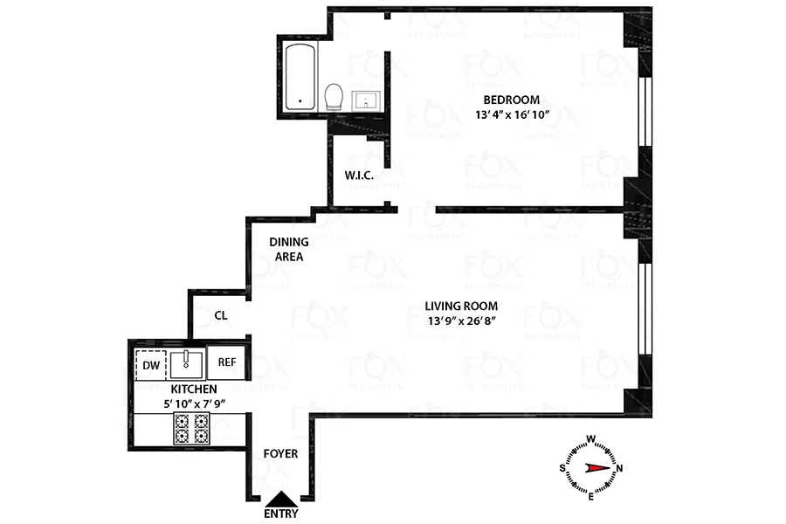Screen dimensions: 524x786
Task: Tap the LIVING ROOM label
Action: pyautogui.click(x=461, y=306)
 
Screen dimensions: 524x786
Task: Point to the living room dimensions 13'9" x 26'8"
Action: pyautogui.click(x=461, y=321)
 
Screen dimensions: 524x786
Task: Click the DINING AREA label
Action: pyautogui.click(x=286, y=250)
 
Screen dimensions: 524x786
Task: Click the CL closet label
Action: pyautogui.click(x=221, y=315)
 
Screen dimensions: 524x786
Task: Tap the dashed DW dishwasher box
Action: pyautogui.click(x=150, y=364)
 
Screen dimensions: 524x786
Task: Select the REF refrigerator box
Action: pyautogui.click(x=226, y=362)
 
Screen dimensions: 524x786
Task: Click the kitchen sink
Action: pyautogui.click(x=188, y=362)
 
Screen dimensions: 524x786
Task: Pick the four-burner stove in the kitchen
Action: pyautogui.click(x=191, y=429)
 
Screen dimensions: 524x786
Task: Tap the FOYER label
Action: pyautogui.click(x=280, y=454)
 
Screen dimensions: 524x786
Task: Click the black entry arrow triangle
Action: pyautogui.click(x=280, y=499)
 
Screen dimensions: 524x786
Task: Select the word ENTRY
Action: pyautogui.click(x=280, y=514)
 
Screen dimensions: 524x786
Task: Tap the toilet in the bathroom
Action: pyautogui.click(x=333, y=96)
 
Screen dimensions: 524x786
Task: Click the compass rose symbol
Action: pyautogui.click(x=590, y=466)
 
